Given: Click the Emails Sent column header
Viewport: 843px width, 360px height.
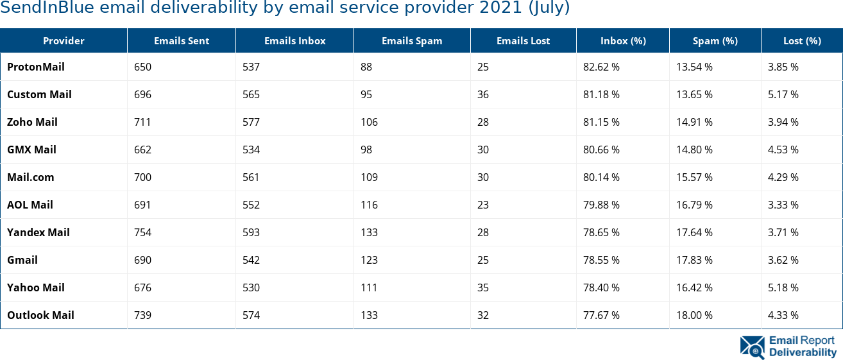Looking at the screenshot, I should click(x=182, y=41).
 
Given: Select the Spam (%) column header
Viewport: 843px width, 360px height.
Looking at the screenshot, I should click(x=715, y=41).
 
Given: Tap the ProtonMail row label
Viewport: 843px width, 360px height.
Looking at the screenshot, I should click(x=36, y=67).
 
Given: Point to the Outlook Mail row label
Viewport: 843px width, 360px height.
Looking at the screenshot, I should click(x=40, y=315).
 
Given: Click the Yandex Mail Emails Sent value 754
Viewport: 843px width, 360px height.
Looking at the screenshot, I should click(x=142, y=232).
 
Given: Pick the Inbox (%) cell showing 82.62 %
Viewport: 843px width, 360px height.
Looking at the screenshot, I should click(x=601, y=67).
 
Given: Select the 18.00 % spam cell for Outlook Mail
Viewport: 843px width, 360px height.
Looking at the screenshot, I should click(x=695, y=315).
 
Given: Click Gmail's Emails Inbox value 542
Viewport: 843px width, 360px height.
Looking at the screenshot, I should click(x=251, y=260).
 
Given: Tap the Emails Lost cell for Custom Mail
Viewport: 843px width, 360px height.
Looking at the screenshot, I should click(x=483, y=94).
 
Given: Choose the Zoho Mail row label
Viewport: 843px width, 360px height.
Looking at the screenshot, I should click(x=32, y=122).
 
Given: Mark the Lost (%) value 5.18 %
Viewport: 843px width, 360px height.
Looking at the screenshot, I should click(x=783, y=287).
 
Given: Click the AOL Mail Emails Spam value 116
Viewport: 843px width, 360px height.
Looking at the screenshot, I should click(x=369, y=205).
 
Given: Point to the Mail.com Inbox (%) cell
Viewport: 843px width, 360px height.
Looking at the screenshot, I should click(x=601, y=177).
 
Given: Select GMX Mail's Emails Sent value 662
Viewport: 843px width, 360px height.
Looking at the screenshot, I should click(x=142, y=150).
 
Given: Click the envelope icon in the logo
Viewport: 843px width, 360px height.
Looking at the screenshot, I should click(x=752, y=347).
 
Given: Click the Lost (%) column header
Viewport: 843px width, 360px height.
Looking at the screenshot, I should click(x=802, y=41).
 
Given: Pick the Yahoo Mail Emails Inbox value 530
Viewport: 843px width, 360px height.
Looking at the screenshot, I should click(x=251, y=287).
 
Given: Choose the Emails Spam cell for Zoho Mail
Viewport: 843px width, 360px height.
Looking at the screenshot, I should click(x=369, y=122).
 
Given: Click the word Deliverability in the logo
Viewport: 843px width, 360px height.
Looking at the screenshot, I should click(x=803, y=352).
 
